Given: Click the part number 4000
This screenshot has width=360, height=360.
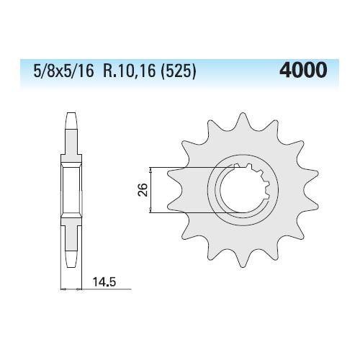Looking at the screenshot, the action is [x=303, y=70].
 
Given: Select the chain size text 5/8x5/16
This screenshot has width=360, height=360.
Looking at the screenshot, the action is [x=63, y=71].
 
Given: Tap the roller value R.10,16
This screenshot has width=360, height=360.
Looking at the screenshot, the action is [x=129, y=71].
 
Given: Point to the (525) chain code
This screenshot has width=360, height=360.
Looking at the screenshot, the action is [x=179, y=71].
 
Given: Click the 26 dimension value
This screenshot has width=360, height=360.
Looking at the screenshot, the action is [x=143, y=189].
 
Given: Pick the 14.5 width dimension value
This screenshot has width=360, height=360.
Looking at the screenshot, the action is [x=104, y=282].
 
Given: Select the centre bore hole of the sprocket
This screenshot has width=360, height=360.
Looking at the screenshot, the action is [x=243, y=189].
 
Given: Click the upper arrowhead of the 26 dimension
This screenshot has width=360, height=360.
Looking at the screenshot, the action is [x=150, y=170].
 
